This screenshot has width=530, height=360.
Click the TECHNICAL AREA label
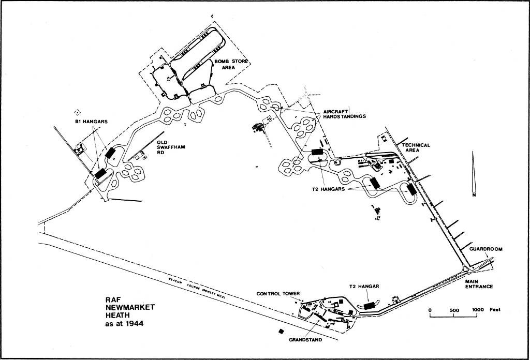pos(416,148)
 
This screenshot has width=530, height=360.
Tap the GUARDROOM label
pos(486,249)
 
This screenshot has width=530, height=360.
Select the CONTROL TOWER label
pos(278,294)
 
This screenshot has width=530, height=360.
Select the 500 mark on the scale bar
pos(454,310)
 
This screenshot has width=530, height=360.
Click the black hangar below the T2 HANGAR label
pos(370,306)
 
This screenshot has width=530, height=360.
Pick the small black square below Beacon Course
pos(281,331)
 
